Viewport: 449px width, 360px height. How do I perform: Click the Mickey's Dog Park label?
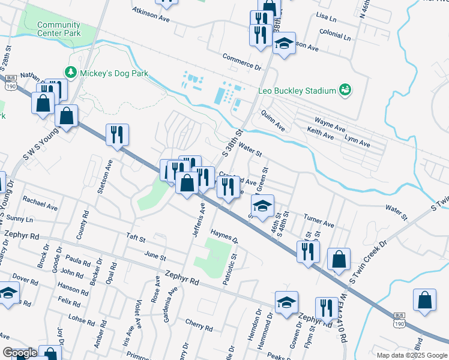[114, 73]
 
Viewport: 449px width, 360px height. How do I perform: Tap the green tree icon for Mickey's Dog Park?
[71, 73]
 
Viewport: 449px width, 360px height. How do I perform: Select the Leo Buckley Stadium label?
[296, 91]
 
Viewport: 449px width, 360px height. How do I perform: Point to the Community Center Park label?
[58, 29]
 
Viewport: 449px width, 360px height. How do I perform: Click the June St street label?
[155, 256]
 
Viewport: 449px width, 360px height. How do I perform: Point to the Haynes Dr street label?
[224, 237]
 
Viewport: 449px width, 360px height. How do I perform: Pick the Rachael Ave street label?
[40, 202]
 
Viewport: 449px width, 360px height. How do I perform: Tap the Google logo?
[20, 353]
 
